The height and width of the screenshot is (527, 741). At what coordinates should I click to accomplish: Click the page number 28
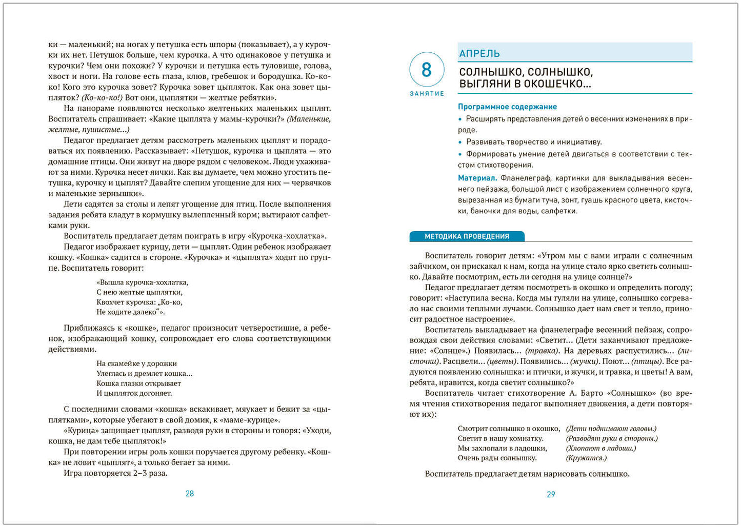pos(189,493)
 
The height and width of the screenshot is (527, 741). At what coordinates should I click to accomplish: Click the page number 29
pos(551,494)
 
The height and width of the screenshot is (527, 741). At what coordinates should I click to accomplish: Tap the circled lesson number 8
pos(426,70)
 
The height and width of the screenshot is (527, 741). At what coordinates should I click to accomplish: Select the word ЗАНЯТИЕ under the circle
pos(427,94)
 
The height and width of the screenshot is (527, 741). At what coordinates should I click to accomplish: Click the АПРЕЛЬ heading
pos(479,54)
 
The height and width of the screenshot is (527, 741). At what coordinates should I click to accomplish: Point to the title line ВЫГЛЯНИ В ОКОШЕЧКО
pos(525,84)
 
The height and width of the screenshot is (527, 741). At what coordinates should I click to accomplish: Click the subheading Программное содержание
pos(507,107)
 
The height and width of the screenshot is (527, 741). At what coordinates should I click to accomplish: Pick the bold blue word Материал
pos(477,178)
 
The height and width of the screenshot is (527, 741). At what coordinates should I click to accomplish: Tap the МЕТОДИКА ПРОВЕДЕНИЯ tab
pos(467,236)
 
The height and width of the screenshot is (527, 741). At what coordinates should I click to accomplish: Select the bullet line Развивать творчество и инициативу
pos(533,142)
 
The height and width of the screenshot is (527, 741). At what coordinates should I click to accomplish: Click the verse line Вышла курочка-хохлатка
pos(142,282)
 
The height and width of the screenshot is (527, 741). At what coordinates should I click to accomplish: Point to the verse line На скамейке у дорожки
pos(136,363)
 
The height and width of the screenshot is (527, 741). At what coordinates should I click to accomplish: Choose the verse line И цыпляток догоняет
pos(134,393)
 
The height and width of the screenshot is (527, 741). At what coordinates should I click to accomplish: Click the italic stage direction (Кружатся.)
pos(586,458)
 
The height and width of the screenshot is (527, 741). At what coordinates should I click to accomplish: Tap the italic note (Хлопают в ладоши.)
pos(600,448)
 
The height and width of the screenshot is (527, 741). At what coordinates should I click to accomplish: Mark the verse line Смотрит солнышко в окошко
pos(508,429)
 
